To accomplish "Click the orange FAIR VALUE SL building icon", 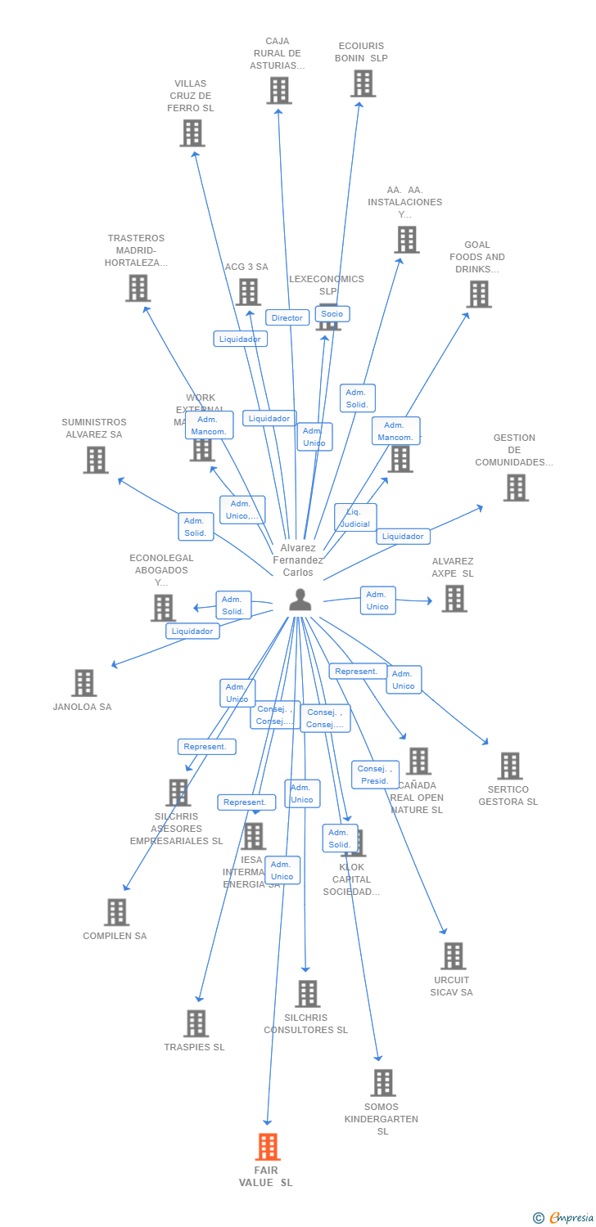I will tap(268, 1147).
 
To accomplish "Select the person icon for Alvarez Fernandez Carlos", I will tap(300, 600).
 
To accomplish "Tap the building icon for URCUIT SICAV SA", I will tap(453, 955).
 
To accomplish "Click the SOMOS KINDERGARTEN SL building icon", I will tap(382, 1083).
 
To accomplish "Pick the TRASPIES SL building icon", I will tap(196, 1023).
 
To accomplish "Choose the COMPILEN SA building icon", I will tap(116, 912).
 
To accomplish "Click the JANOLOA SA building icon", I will tap(84, 683).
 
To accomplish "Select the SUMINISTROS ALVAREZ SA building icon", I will tap(96, 460).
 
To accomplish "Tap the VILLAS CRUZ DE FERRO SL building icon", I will tap(192, 133).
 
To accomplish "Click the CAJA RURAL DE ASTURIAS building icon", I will tap(278, 90).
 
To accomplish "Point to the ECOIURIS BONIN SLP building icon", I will tap(363, 83).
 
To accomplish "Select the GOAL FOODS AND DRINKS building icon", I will tap(478, 294).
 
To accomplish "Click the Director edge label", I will tap(287, 318).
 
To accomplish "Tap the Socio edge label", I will tap(332, 314).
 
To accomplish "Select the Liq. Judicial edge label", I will tap(355, 518).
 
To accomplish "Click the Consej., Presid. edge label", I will tap(375, 775).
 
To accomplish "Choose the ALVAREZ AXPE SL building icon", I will tap(454, 598).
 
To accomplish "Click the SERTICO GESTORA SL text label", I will tap(508, 796).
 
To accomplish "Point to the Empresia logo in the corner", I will tap(563, 1218).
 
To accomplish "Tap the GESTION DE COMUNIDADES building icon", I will tap(515, 488).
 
